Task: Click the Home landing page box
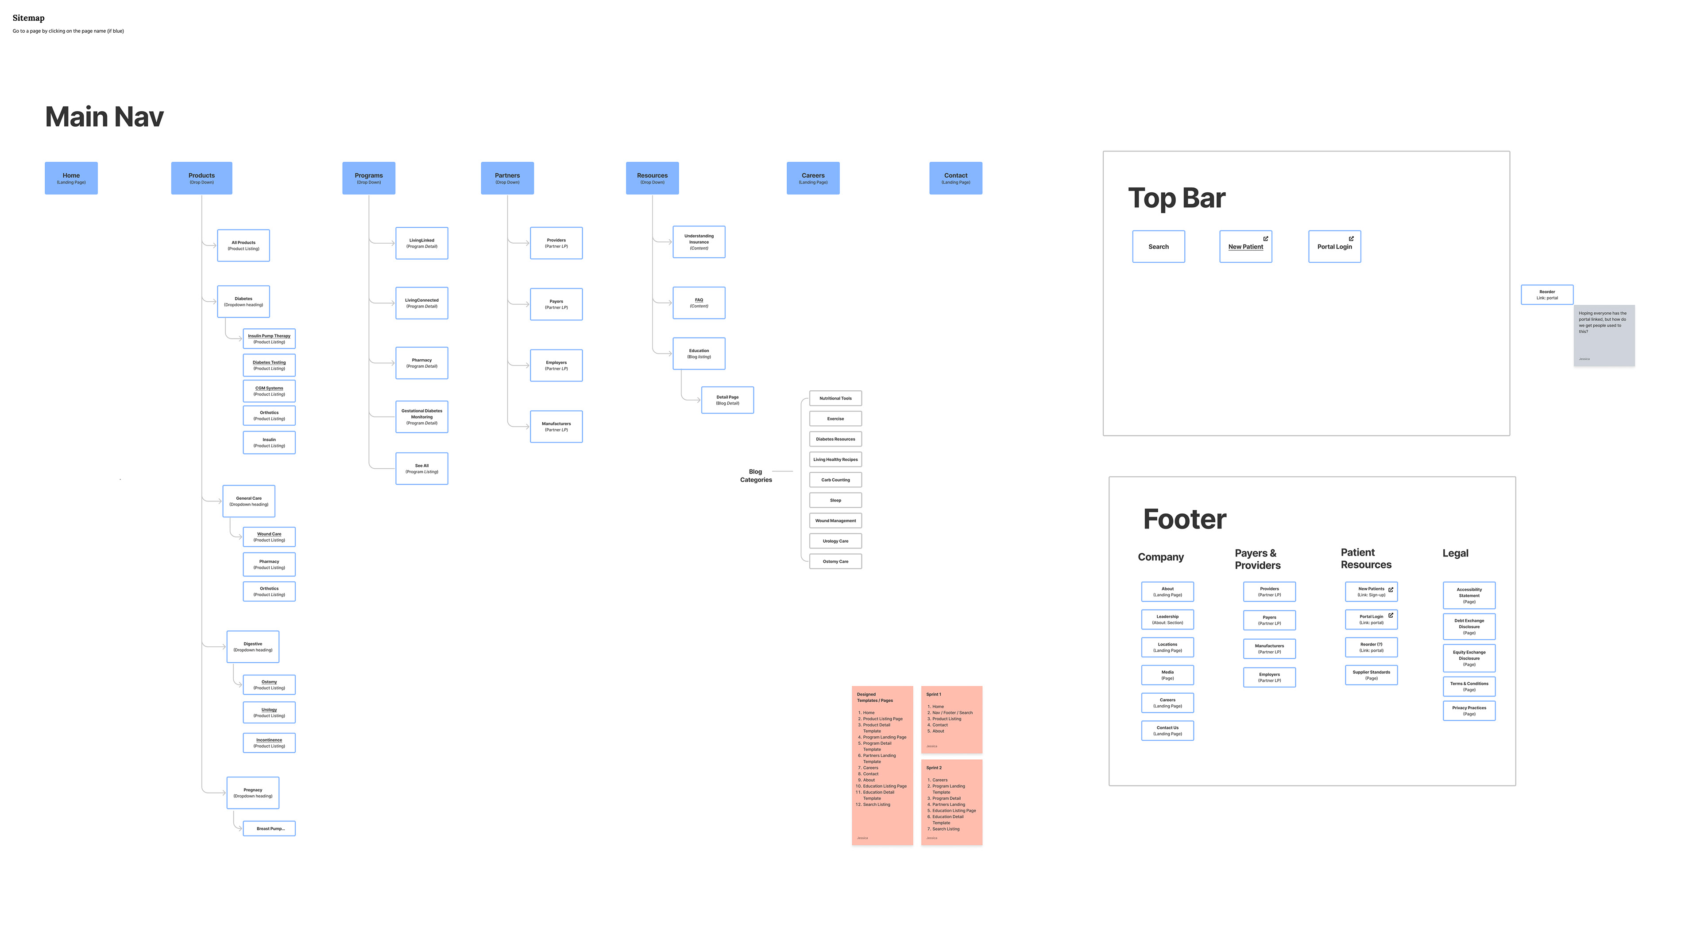click(71, 178)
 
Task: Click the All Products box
click(243, 245)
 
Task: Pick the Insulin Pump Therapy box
click(269, 339)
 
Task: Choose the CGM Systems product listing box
click(269, 391)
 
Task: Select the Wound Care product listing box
click(269, 537)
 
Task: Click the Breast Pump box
click(269, 828)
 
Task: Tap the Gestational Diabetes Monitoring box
click(422, 416)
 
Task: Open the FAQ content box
click(699, 303)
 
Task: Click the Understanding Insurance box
click(699, 241)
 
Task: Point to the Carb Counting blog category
click(835, 480)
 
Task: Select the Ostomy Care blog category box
click(835, 561)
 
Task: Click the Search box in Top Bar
click(1158, 246)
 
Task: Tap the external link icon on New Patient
click(1265, 238)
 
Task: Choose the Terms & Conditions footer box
click(1468, 687)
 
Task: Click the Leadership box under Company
click(1167, 619)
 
